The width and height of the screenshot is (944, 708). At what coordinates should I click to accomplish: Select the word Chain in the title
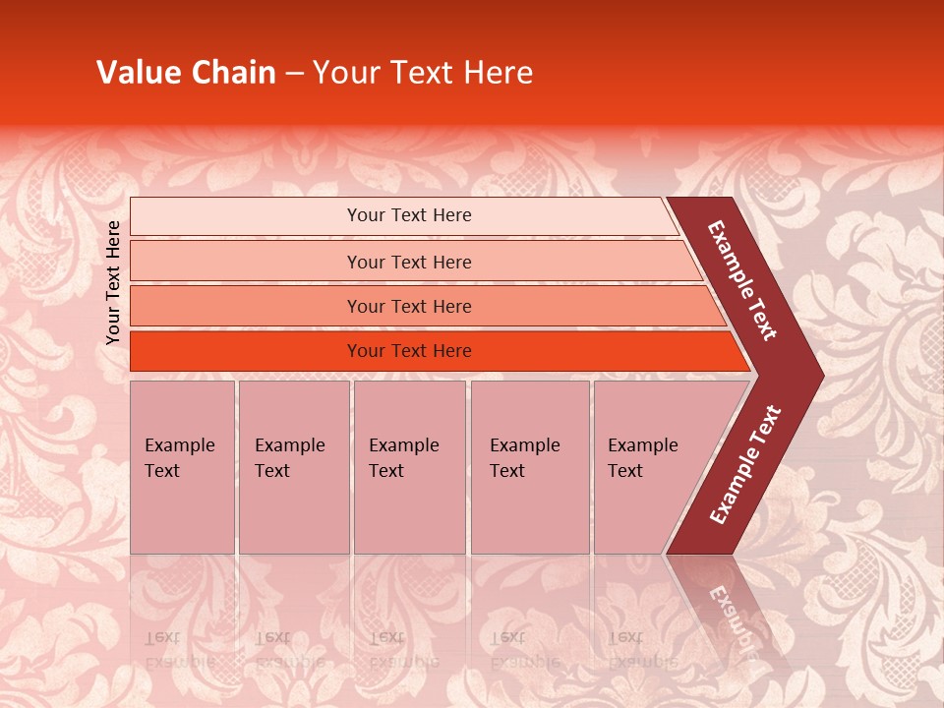pos(235,73)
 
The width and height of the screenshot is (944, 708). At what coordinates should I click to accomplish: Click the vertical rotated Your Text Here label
pos(113,282)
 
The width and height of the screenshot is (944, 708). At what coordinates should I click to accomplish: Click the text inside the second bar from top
pos(409,263)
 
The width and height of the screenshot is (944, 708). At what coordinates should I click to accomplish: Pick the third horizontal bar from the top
pos(409,307)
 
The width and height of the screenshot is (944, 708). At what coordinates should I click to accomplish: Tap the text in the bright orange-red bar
pos(409,351)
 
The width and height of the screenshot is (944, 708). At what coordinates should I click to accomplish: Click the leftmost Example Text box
pos(182,467)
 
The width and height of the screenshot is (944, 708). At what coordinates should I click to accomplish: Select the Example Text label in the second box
pos(289,458)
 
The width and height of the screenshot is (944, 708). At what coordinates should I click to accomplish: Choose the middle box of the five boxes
pos(409,467)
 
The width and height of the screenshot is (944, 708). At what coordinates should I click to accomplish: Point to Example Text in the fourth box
pos(524,458)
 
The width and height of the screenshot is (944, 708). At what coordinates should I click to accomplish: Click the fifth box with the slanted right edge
pos(649,467)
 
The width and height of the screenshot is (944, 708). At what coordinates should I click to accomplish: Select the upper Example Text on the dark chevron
pos(743,280)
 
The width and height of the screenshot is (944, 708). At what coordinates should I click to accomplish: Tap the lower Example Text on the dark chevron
pos(745,464)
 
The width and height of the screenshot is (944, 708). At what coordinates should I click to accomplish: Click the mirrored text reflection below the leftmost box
pos(179,649)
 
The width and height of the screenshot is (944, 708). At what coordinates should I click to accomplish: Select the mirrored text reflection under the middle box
pos(403,649)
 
